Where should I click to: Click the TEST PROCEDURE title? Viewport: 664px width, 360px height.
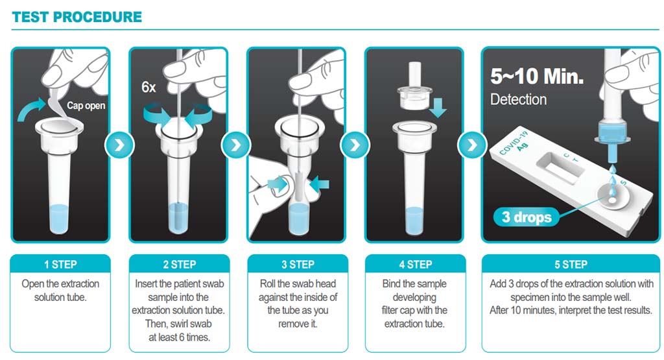(77, 17)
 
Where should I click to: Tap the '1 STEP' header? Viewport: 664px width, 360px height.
(60, 265)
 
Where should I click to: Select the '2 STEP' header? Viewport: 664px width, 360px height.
(180, 265)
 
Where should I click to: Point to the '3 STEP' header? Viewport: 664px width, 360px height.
(298, 265)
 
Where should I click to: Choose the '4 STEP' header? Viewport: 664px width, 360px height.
(416, 265)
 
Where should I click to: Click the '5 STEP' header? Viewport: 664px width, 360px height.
(571, 265)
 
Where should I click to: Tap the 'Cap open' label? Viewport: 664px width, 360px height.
(86, 106)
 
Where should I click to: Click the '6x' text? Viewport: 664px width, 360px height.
(148, 88)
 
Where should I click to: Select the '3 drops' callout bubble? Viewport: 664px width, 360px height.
(527, 217)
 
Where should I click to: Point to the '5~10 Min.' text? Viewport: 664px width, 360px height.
(537, 77)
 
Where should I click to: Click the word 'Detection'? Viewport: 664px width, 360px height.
(518, 99)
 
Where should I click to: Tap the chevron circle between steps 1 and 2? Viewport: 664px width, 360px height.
(119, 145)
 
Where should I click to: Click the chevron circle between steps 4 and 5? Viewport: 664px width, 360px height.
(472, 145)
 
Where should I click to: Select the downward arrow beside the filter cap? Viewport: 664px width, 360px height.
(438, 107)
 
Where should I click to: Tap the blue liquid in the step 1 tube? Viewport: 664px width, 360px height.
(59, 219)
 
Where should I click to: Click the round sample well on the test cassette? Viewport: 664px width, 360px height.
(611, 197)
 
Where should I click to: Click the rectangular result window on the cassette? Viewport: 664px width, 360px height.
(561, 167)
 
